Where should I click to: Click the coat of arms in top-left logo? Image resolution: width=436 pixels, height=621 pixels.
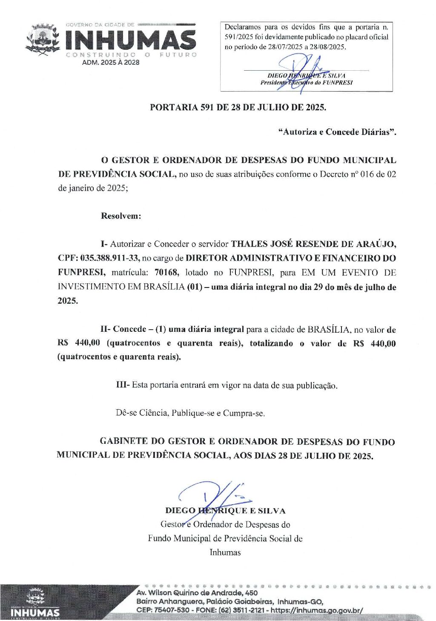[x=42, y=40]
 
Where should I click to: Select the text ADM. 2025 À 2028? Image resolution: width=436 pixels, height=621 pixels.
[x=111, y=62]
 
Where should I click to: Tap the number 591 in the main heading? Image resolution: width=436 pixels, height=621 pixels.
[x=207, y=107]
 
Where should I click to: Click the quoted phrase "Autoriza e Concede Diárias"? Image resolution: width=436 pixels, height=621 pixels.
[x=337, y=132]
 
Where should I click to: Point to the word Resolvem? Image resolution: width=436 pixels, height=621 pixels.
[x=121, y=216]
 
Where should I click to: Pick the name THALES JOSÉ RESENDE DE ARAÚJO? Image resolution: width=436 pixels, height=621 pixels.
[x=313, y=244]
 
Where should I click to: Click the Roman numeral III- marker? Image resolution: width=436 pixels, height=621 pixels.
[x=123, y=385]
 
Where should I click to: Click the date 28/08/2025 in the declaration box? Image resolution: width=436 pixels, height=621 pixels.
[x=329, y=47]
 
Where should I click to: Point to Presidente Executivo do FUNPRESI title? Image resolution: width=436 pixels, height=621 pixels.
[x=307, y=83]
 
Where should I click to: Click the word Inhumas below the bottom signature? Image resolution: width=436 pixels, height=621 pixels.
[x=225, y=552]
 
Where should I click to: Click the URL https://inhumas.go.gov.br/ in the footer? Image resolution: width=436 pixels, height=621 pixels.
[x=317, y=610]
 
